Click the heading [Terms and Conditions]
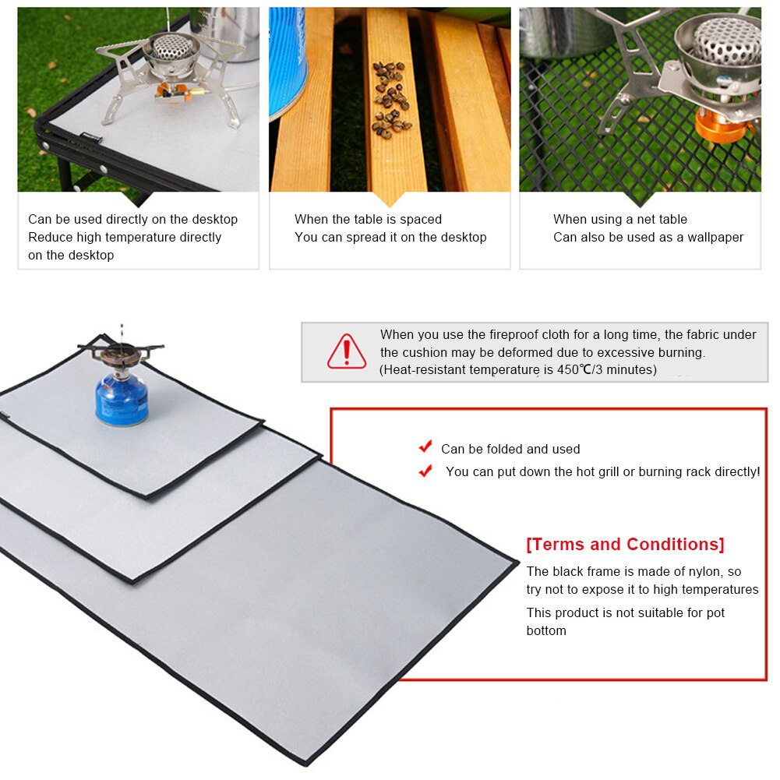(625, 544)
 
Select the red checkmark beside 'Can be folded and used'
(425, 446)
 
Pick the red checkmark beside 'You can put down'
(425, 471)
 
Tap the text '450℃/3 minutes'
(607, 370)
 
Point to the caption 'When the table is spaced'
(368, 220)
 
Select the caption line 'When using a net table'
(619, 220)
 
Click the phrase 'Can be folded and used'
(510, 449)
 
